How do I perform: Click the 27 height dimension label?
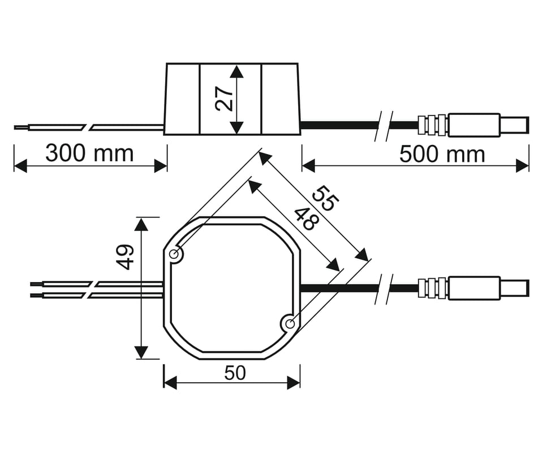pyautogui.click(x=224, y=99)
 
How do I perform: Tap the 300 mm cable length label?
pyautogui.click(x=89, y=153)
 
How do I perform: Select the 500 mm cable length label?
pyautogui.click(x=442, y=154)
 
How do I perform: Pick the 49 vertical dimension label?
pyautogui.click(x=124, y=257)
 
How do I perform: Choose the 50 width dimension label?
pyautogui.click(x=235, y=373)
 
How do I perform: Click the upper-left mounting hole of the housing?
pyautogui.click(x=175, y=255)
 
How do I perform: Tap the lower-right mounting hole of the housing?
pyautogui.click(x=290, y=324)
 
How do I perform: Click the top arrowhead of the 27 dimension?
pyautogui.click(x=236, y=71)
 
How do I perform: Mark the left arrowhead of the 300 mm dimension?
pyautogui.click(x=20, y=166)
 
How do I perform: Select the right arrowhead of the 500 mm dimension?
pyautogui.click(x=523, y=166)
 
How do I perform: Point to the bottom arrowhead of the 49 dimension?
pyautogui.click(x=141, y=352)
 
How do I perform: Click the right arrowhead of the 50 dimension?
pyautogui.click(x=294, y=383)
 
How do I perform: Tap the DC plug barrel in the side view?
pyautogui.click(x=474, y=125)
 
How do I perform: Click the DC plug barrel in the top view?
pyautogui.click(x=474, y=288)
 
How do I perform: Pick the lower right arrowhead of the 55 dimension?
pyautogui.click(x=361, y=255)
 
